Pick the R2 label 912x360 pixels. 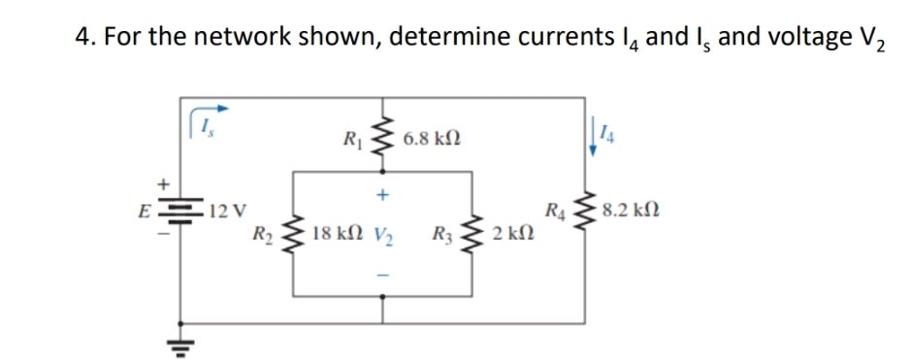pos(261,234)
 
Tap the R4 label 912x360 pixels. pos(557,208)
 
